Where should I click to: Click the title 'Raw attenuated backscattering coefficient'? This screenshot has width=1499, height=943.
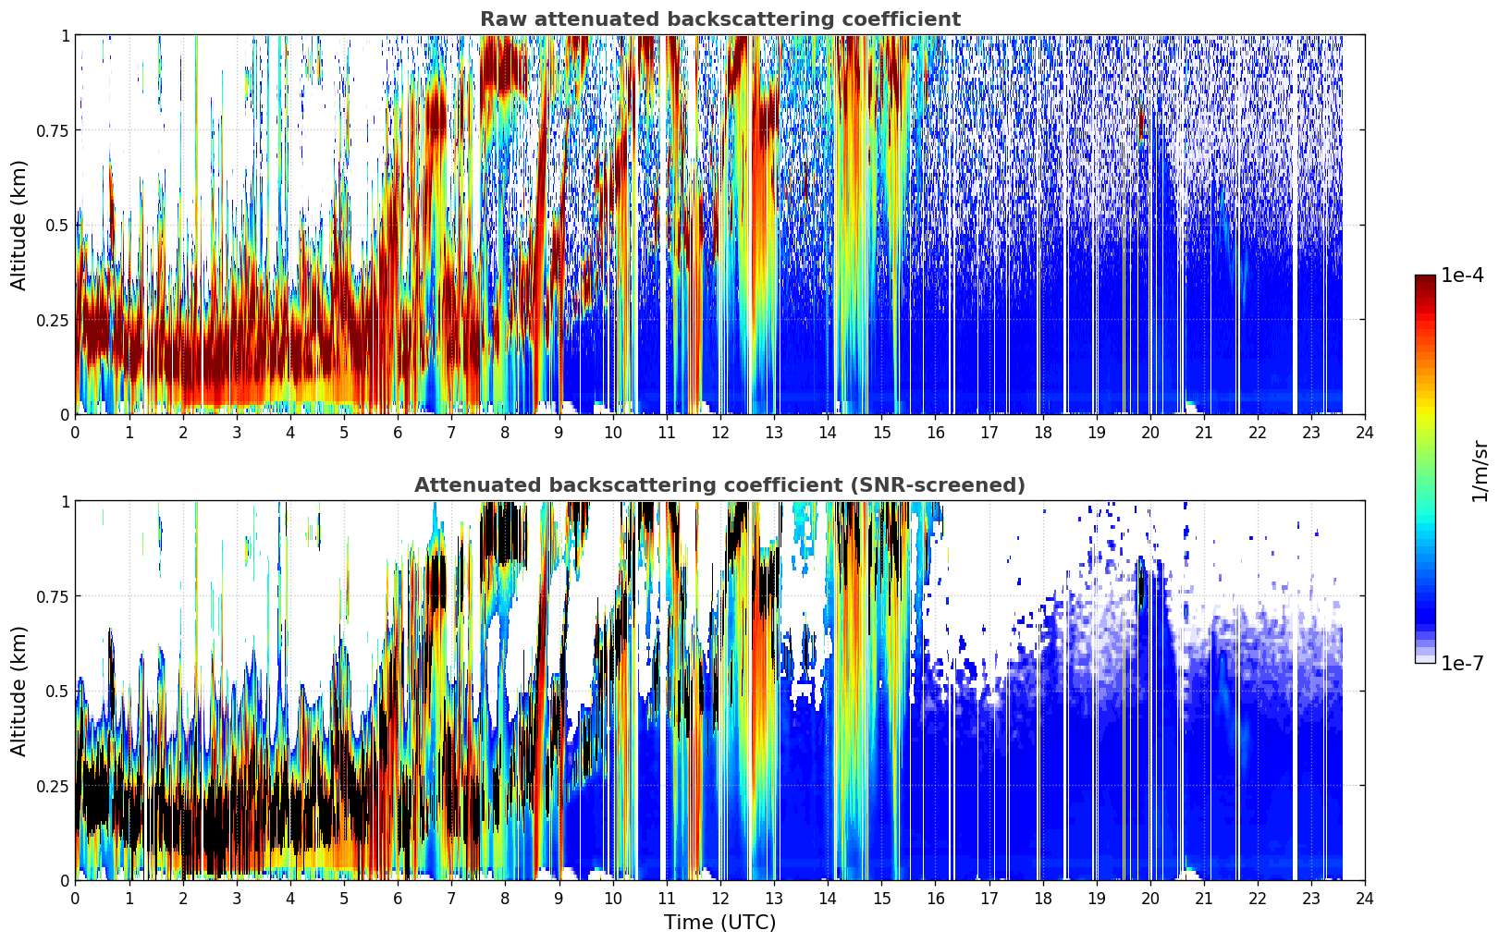pyautogui.click(x=720, y=18)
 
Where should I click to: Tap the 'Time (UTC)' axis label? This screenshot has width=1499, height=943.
pyautogui.click(x=720, y=923)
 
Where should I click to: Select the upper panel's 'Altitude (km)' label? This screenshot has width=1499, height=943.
pyautogui.click(x=18, y=225)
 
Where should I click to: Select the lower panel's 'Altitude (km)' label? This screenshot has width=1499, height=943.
pyautogui.click(x=18, y=691)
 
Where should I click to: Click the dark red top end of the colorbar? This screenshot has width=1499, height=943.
pyautogui.click(x=1425, y=279)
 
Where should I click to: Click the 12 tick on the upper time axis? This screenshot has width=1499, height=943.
pyautogui.click(x=720, y=433)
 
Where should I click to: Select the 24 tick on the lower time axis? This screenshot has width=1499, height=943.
pyautogui.click(x=1365, y=899)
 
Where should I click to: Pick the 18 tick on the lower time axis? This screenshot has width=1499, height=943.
pyautogui.click(x=1042, y=899)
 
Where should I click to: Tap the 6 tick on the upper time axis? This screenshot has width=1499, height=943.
pyautogui.click(x=398, y=433)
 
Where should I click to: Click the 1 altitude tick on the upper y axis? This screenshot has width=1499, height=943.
pyautogui.click(x=65, y=36)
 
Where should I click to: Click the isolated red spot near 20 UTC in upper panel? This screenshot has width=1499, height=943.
pyautogui.click(x=1142, y=120)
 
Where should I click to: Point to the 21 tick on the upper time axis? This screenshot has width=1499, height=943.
pyautogui.click(x=1204, y=433)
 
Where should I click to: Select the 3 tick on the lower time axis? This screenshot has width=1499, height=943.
pyautogui.click(x=236, y=899)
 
